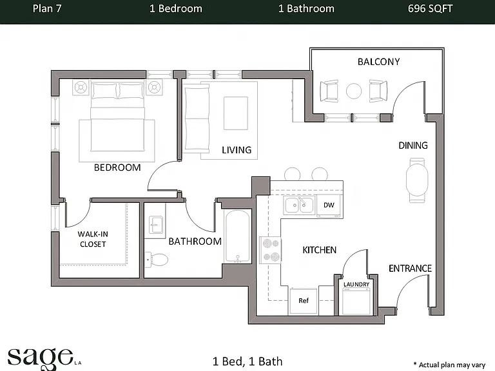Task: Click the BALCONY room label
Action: click(x=378, y=62)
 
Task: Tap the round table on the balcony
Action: click(x=354, y=91)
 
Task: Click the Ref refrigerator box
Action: click(x=304, y=301)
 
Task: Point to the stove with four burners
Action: click(x=270, y=250)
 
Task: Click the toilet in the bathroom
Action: click(x=157, y=260)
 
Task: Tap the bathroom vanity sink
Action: click(x=155, y=224)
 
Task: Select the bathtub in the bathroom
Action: click(x=238, y=236)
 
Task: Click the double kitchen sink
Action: click(x=298, y=205)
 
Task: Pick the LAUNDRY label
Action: click(x=356, y=284)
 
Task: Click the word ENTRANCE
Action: click(x=410, y=269)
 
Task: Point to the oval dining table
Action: click(x=417, y=180)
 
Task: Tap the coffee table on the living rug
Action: click(x=236, y=113)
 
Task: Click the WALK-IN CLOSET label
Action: click(x=93, y=239)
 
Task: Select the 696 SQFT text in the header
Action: click(x=430, y=8)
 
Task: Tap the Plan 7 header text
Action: click(x=47, y=8)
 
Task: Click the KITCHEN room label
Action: click(x=320, y=250)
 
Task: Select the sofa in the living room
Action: click(x=197, y=119)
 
